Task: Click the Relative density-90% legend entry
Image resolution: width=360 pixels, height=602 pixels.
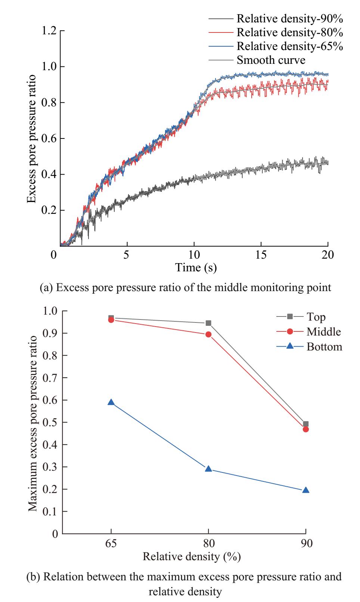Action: (290, 18)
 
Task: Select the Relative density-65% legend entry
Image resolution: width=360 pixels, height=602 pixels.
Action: (290, 46)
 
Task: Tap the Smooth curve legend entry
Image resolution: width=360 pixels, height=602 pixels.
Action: (271, 60)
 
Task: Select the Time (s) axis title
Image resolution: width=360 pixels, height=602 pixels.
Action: (196, 267)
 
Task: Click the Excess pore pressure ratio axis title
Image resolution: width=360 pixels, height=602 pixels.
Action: (32, 139)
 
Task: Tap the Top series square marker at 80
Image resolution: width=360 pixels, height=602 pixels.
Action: (208, 323)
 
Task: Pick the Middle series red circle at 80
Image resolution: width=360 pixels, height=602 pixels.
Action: (208, 334)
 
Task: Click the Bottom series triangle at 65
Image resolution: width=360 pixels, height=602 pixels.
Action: (111, 402)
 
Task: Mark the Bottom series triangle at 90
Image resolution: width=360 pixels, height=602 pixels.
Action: (306, 490)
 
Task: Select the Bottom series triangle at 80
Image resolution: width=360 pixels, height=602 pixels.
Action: (208, 469)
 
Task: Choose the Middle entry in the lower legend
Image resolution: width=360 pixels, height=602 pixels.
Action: (324, 332)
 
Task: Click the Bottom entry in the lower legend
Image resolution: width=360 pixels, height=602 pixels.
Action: (324, 347)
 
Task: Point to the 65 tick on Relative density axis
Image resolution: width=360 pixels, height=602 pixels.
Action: (111, 543)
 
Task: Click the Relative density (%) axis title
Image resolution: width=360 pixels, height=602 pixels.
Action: (192, 557)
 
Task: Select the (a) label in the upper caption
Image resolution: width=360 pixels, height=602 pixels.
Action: (46, 288)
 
